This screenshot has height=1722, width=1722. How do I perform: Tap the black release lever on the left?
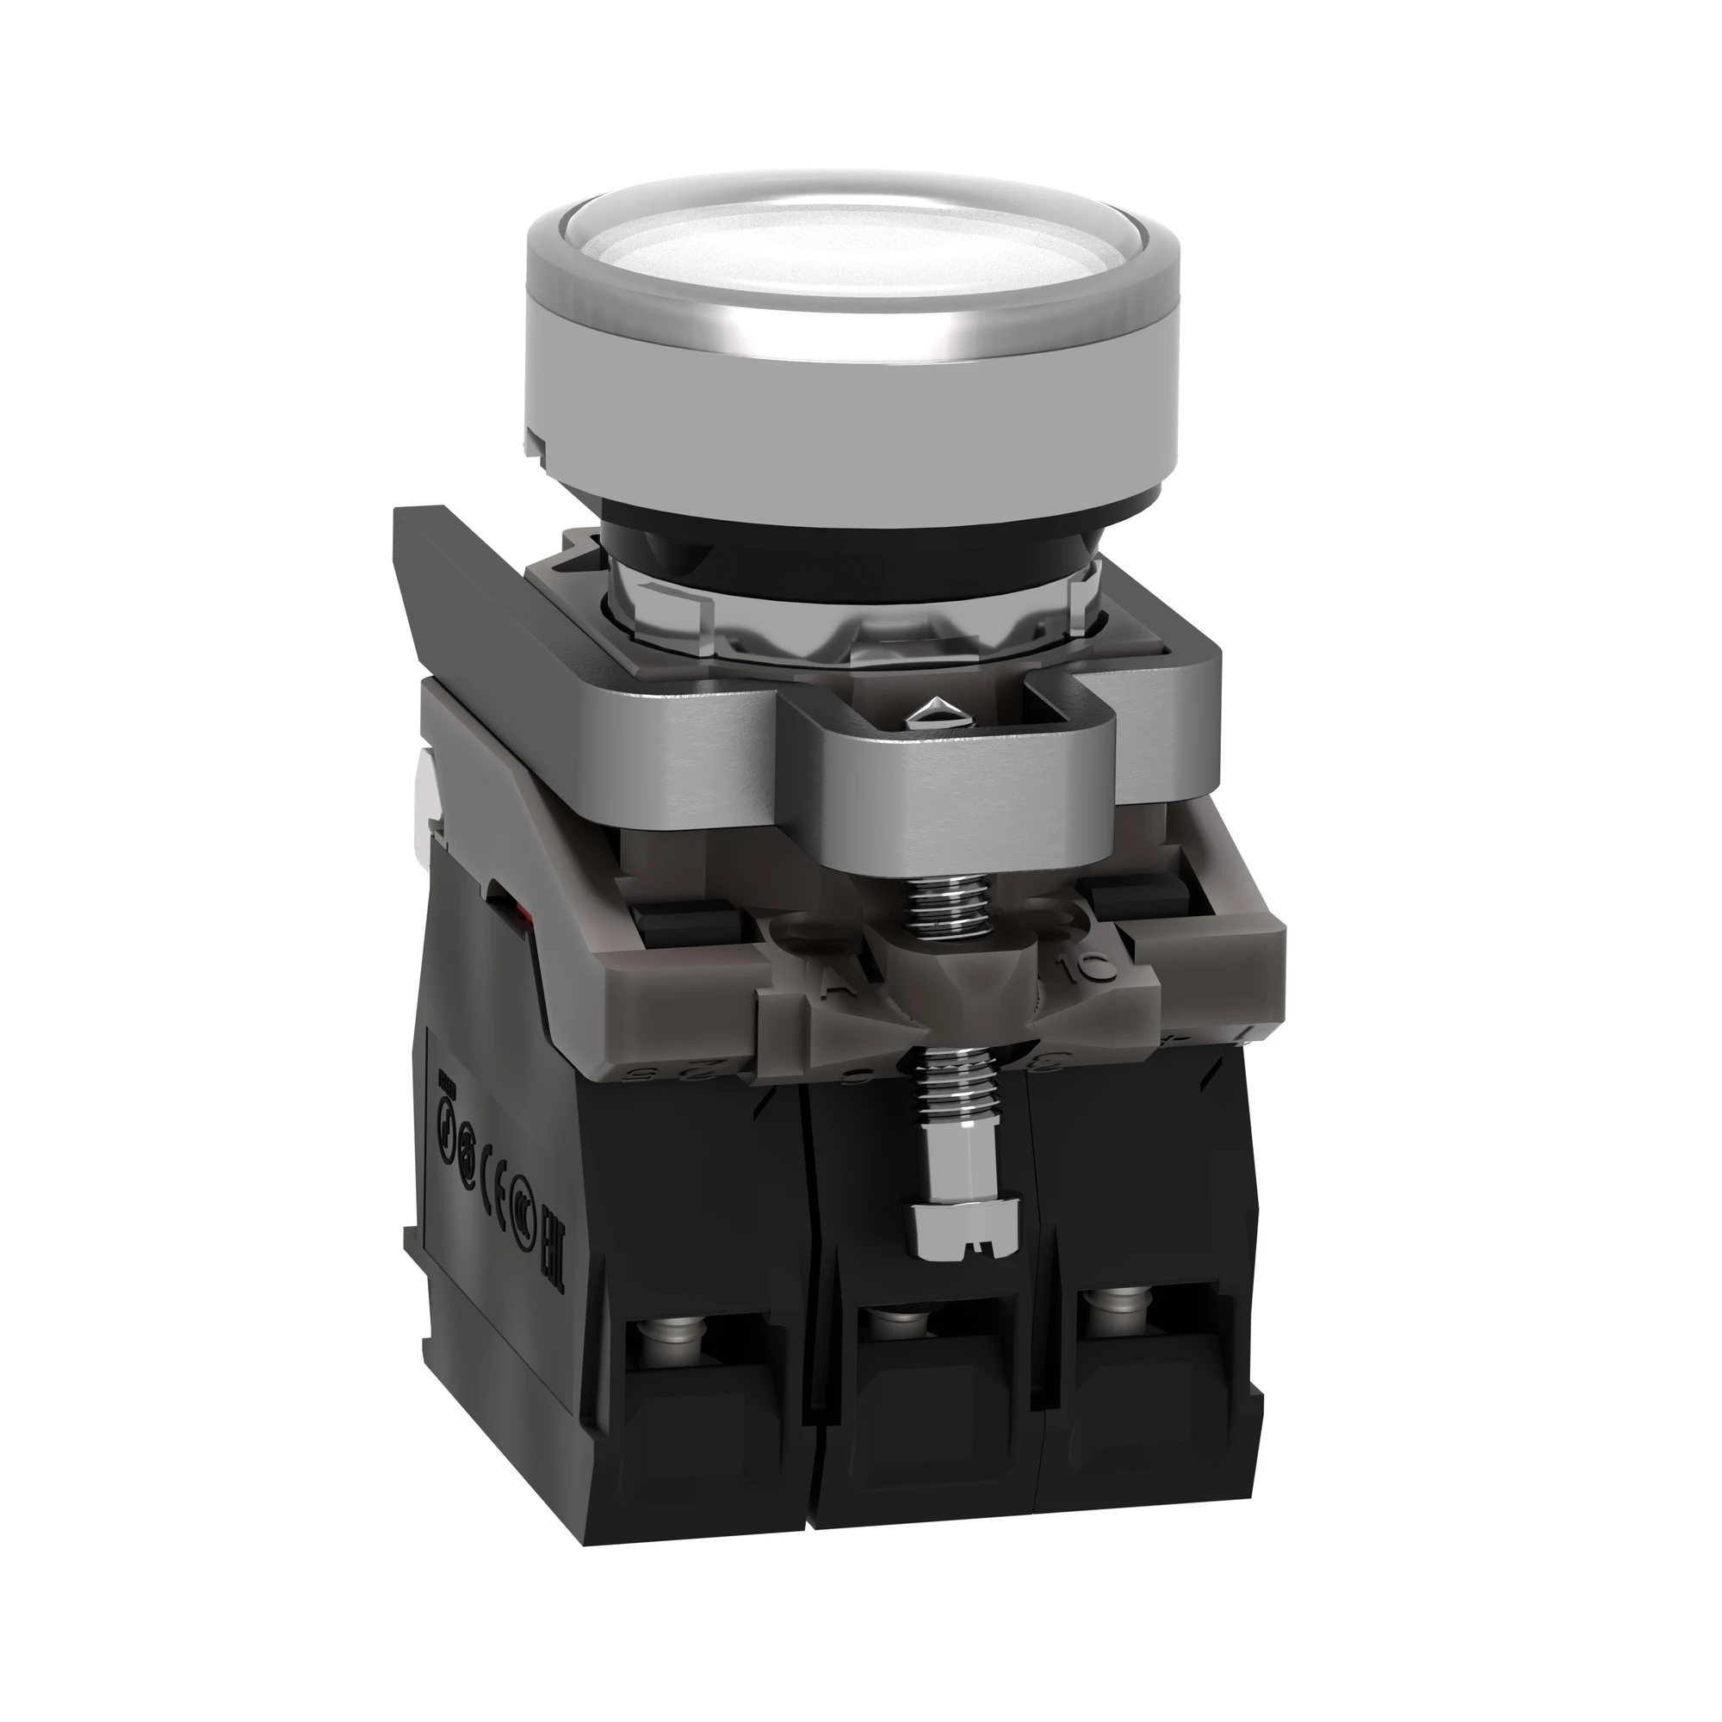tap(463, 588)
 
